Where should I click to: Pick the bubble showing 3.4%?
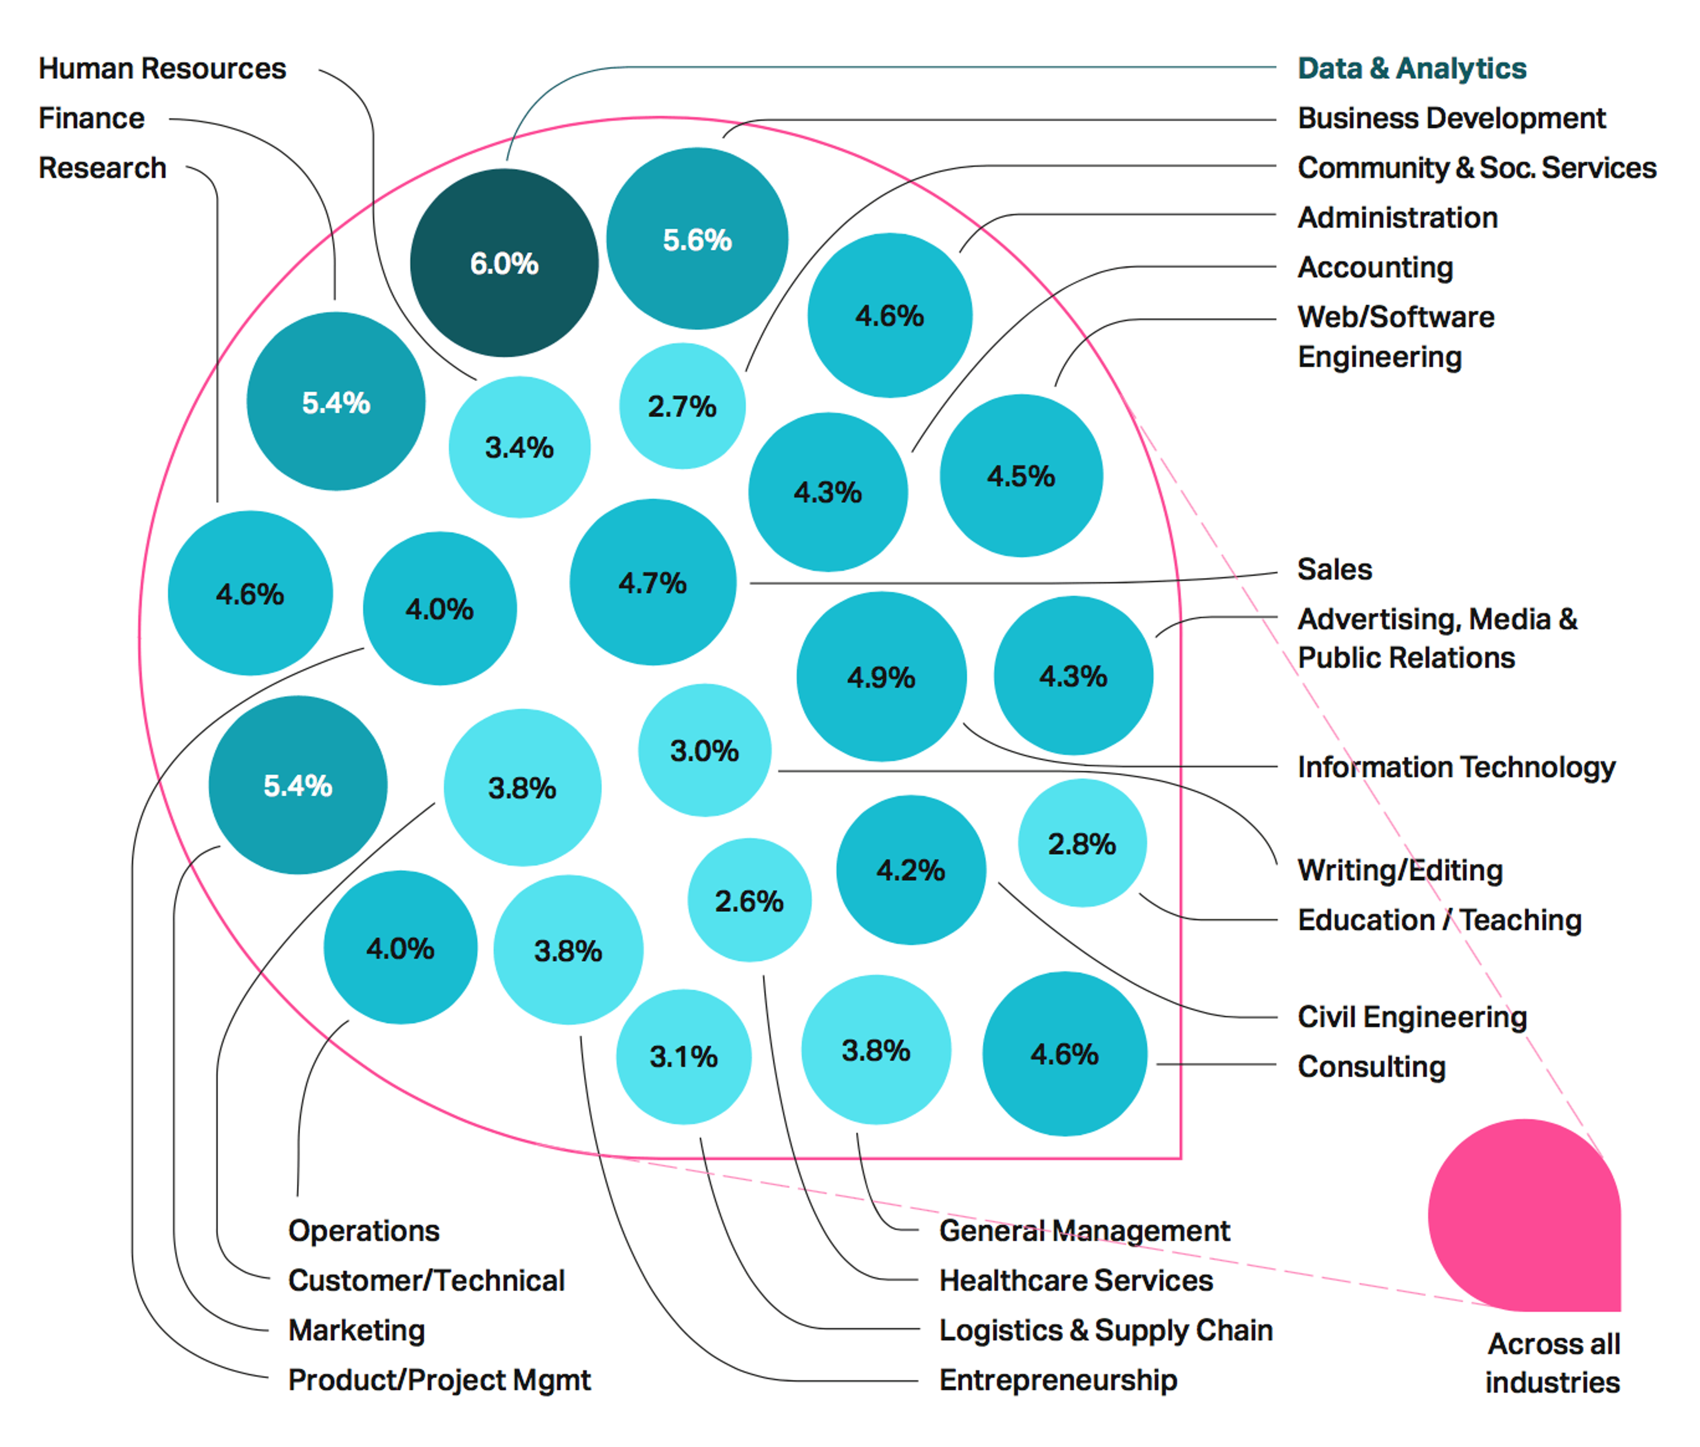click(x=519, y=447)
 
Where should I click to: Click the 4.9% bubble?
click(x=881, y=677)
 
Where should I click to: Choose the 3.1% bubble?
click(x=683, y=1056)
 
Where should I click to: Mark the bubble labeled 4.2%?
click(x=910, y=869)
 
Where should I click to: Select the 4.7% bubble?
click(x=653, y=582)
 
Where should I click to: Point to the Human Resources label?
click(x=162, y=68)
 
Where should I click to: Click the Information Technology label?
click(x=1456, y=767)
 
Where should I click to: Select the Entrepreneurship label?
click(x=1058, y=1380)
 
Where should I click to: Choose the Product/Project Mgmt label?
click(x=439, y=1380)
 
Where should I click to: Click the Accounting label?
click(x=1375, y=267)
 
